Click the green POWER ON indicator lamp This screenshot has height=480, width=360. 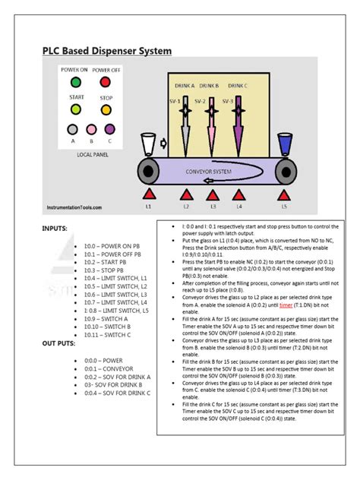click(75, 82)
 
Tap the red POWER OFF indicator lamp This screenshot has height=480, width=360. click(105, 82)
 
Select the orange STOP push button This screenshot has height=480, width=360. click(105, 109)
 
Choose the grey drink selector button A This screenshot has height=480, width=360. click(73, 130)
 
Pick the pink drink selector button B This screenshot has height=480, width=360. click(91, 130)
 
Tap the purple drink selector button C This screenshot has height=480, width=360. click(109, 130)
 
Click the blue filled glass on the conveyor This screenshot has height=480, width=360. click(286, 145)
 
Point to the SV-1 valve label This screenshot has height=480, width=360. click(174, 100)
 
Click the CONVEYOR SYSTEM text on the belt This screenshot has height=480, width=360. click(208, 171)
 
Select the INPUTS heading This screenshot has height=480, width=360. click(57, 227)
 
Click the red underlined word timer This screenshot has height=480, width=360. click(286, 304)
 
